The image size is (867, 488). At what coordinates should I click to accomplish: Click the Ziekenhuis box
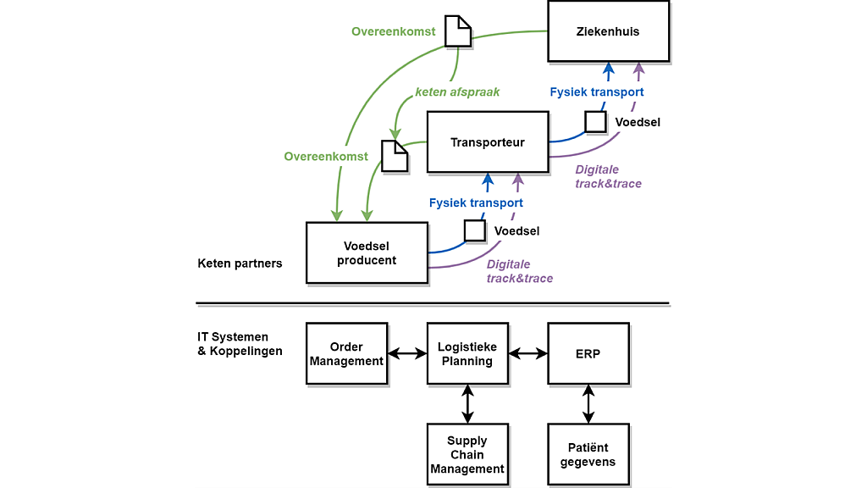point(608,31)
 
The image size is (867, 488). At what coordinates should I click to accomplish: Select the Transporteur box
point(487,142)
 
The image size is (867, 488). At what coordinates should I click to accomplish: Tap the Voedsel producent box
point(366,252)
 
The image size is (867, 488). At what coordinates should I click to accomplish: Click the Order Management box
point(346,353)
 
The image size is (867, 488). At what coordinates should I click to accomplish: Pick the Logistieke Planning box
point(467,353)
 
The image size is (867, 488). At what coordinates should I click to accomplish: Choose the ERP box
point(588,353)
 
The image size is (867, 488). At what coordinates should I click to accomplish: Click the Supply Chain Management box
point(467,454)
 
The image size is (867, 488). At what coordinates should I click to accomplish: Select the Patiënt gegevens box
point(588,454)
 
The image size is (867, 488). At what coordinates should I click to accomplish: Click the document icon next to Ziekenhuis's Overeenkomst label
point(458,31)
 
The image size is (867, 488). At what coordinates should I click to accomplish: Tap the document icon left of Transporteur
point(395,156)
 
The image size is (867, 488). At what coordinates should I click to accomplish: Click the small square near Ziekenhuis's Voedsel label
point(595,122)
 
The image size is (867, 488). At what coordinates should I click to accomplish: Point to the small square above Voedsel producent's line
point(475,230)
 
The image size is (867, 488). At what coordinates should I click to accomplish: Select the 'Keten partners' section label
point(240,263)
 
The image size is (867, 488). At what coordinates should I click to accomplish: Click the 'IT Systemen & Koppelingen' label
point(240,343)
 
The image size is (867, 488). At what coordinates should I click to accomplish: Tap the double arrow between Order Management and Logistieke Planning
point(407,353)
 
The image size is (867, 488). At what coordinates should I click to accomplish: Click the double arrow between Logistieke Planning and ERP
point(528,353)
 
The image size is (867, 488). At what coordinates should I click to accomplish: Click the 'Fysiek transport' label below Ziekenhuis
point(596,92)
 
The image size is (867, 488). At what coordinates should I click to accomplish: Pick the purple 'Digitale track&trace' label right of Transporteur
point(608,176)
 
